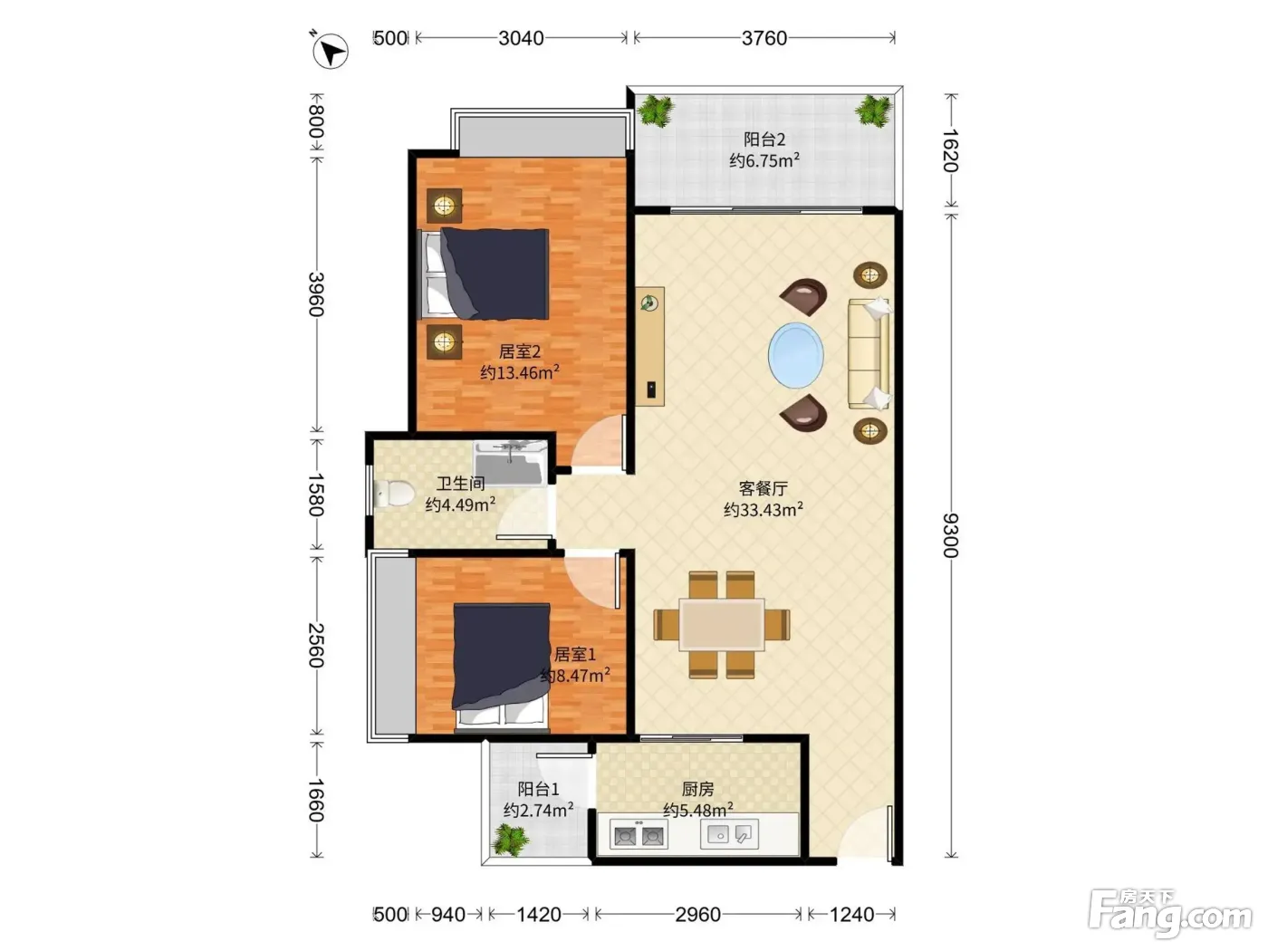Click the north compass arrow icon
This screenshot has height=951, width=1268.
point(330,52)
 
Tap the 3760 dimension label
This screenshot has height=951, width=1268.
point(764,38)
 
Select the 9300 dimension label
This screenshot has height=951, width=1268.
point(950,535)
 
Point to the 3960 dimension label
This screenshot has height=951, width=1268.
point(316,294)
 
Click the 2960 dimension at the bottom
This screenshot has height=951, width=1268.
point(697,915)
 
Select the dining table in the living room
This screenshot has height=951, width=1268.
point(722,624)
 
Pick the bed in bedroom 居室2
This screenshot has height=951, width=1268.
point(483,274)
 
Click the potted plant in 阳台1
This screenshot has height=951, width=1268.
point(510,840)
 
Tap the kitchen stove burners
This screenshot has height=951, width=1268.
point(639,835)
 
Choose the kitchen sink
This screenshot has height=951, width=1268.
point(729,834)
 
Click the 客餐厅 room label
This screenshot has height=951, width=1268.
point(764,489)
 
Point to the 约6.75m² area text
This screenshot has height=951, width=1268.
point(764,160)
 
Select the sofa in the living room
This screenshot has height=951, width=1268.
point(869,353)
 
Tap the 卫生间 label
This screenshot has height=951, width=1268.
point(460,484)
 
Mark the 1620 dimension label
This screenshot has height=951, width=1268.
point(950,150)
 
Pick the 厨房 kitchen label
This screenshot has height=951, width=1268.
point(697,789)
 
